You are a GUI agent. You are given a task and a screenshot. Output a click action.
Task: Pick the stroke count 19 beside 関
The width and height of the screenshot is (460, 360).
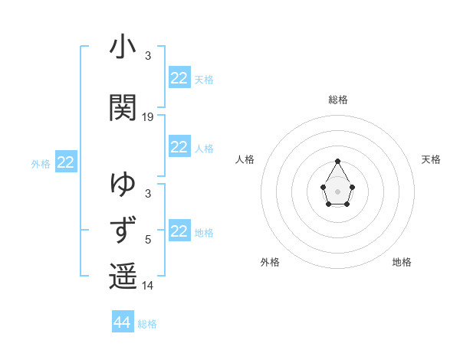coord(148,117)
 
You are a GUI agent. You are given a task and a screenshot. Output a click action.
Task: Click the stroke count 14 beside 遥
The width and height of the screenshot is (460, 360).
coord(148,286)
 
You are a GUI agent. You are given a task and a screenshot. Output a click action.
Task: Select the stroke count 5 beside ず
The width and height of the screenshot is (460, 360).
coord(148,240)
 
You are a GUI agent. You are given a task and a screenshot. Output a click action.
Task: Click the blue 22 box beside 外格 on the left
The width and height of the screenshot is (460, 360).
coord(65,162)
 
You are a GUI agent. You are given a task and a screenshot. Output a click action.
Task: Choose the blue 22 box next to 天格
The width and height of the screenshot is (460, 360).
coord(179,78)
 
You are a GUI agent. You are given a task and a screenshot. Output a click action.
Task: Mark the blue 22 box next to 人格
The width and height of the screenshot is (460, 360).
coord(179,147)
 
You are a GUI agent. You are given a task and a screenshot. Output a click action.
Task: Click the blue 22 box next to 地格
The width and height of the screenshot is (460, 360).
coord(179,231)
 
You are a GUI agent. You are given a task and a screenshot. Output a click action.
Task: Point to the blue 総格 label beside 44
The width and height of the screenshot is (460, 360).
coord(147,324)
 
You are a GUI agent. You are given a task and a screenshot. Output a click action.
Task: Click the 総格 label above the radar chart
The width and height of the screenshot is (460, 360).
coord(337,100)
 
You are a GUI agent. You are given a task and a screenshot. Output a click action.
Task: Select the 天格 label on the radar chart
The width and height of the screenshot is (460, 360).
coord(431,159)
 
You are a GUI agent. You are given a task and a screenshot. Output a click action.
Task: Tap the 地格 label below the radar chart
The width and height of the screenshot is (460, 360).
coord(402,262)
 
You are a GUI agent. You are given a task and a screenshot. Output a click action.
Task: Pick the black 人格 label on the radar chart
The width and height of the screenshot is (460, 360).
coord(245,159)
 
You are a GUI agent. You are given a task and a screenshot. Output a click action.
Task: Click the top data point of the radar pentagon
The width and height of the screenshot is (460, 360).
coord(337,161)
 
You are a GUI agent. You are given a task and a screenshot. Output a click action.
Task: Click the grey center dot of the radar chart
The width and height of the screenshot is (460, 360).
coord(337,190)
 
